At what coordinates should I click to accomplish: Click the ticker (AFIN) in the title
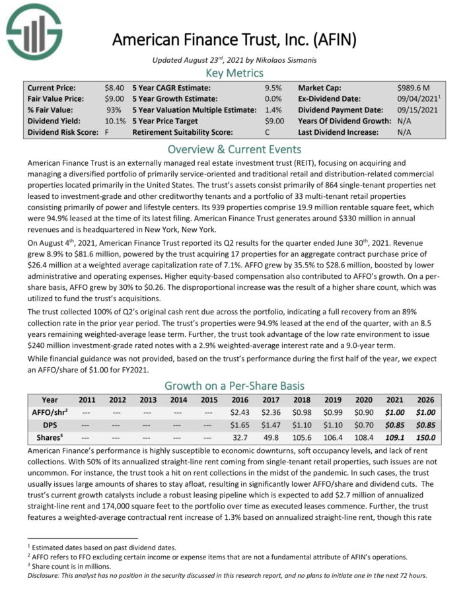[x=334, y=39]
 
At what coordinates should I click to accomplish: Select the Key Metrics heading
[x=234, y=73]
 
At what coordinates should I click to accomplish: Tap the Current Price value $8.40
[x=114, y=88]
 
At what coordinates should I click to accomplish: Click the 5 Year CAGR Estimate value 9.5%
[x=273, y=88]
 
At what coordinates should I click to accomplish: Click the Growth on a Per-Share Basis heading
[x=234, y=385]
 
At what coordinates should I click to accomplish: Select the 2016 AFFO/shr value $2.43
[x=242, y=412]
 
